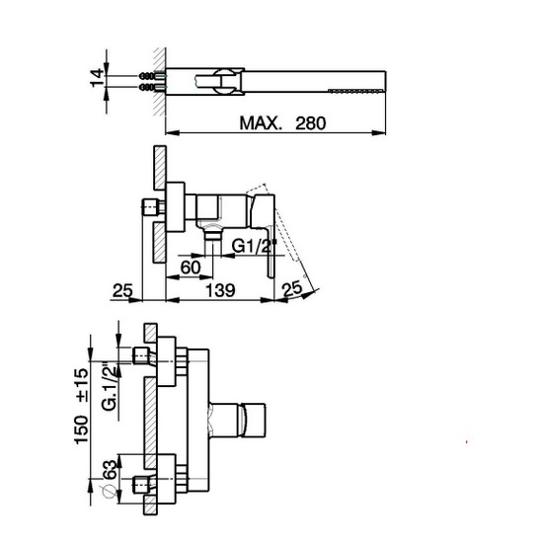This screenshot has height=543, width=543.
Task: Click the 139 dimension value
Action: pos(220,290)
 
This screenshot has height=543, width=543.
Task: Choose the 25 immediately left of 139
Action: pos(122,290)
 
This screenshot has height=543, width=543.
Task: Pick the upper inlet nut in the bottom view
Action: pos(141,353)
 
